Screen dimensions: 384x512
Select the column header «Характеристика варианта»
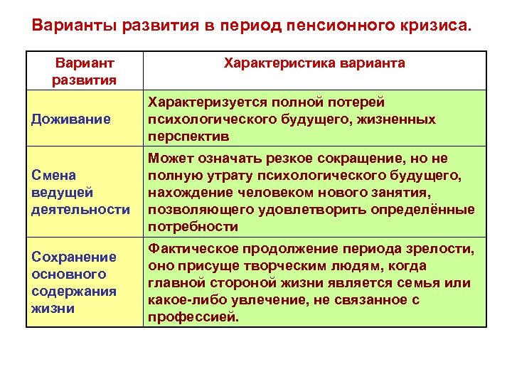(314, 63)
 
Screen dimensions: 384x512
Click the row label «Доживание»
(71, 119)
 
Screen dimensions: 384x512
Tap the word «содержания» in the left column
(74, 291)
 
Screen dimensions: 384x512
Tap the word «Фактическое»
(192, 249)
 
